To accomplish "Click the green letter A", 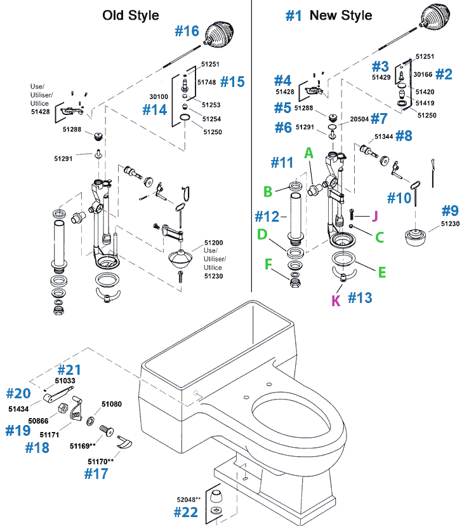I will pos(309,153).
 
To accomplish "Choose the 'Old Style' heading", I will pos(131,15).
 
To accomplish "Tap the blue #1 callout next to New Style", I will pos(293,16).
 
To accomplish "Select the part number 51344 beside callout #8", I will pos(384,137).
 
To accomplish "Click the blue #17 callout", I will pos(96,473).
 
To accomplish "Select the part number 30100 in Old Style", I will pos(158,97).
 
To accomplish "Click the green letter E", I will pos(382,272).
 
